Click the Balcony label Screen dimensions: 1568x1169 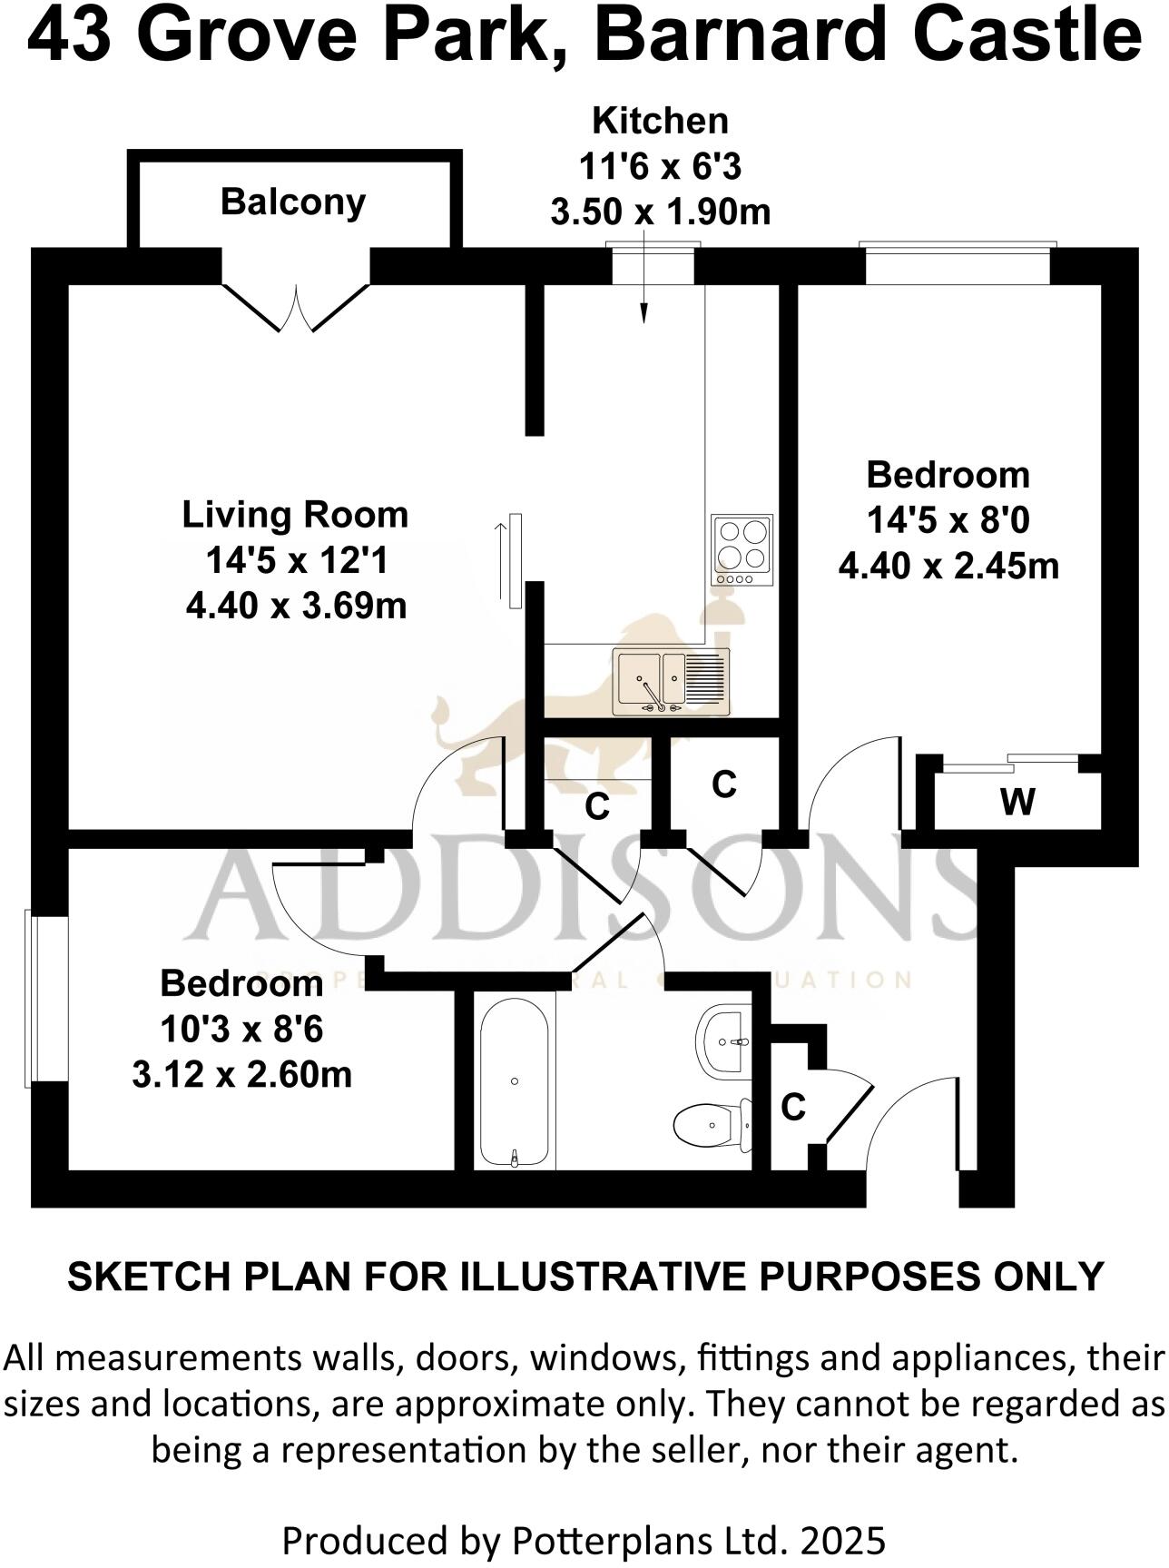tap(292, 202)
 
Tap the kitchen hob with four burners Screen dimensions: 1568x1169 tap(742, 549)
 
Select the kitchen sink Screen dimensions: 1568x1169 tap(672, 681)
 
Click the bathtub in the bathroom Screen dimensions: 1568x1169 tap(514, 1080)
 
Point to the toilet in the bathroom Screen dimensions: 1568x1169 tap(712, 1125)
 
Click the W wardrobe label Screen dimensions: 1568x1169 tap(1017, 802)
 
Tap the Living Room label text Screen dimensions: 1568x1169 tap(295, 515)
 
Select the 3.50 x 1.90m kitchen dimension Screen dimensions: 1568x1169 tap(660, 212)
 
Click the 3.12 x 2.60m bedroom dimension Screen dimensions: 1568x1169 tap(241, 1075)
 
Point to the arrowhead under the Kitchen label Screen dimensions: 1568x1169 tap(644, 313)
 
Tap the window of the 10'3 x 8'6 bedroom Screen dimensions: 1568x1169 tap(32, 997)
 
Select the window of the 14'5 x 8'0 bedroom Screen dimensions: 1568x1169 tap(958, 245)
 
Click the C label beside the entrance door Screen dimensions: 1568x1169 tap(793, 1107)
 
